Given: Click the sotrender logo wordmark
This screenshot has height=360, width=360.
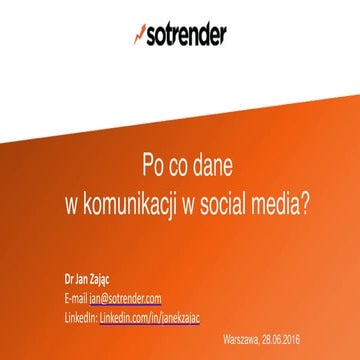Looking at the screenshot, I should pos(187,34).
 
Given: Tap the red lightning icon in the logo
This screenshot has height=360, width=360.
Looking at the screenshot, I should pos(139,34).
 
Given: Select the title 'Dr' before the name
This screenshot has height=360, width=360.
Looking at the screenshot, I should pos(66,280).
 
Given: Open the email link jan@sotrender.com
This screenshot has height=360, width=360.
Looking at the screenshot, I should pos(126,298).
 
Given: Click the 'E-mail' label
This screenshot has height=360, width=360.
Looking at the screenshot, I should pos(74,298).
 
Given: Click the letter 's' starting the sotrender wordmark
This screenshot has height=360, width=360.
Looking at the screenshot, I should pos(153,35).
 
